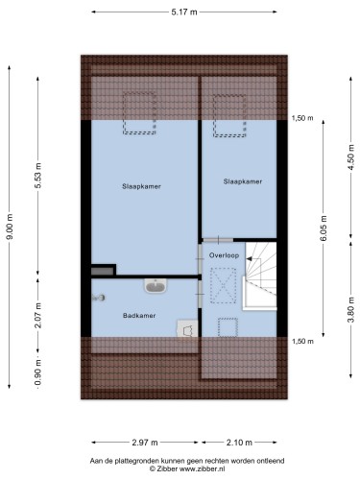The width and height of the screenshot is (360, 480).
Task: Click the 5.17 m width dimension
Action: (184, 12)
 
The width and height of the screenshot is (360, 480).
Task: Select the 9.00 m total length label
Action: (10, 227)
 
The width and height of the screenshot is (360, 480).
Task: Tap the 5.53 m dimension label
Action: (38, 176)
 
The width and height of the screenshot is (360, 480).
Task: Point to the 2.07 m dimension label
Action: (38, 315)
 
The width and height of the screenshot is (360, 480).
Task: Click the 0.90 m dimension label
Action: (38, 372)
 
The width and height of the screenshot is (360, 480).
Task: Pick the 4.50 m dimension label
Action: (351, 157)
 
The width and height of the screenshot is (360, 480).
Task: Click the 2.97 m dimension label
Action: (145, 443)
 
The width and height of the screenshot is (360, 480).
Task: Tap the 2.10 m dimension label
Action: (239, 443)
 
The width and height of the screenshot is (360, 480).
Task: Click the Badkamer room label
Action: (139, 316)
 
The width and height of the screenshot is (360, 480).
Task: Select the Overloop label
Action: (224, 255)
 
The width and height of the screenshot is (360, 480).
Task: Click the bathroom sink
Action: (156, 285)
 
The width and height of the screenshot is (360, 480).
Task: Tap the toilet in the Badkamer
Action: (187, 329)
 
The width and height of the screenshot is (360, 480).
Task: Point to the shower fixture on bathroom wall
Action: (98, 298)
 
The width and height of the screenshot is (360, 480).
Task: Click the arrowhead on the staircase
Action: (249, 258)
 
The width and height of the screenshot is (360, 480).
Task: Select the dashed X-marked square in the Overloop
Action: (223, 286)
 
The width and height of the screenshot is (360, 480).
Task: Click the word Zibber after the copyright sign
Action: (167, 468)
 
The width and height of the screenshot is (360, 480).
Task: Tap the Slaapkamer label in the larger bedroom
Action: (141, 186)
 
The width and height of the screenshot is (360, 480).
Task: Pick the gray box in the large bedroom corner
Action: (103, 272)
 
